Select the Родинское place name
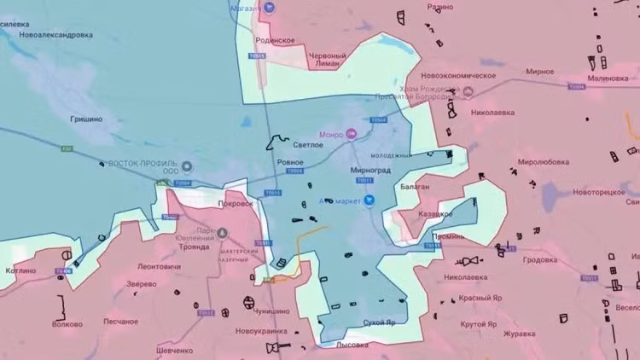tap(276, 40)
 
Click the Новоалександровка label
tap(55, 35)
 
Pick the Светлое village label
tap(308, 145)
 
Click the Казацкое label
tap(434, 214)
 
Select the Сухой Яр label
tap(380, 322)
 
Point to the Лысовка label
tap(352, 345)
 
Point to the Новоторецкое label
tap(598, 193)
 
